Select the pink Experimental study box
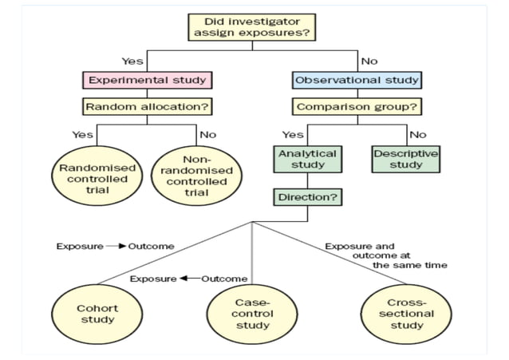(146, 80)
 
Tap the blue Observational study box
(357, 80)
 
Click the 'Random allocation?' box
(146, 107)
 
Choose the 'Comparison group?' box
(357, 107)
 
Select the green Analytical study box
(307, 159)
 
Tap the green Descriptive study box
(406, 159)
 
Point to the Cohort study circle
(97, 314)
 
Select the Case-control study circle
(253, 314)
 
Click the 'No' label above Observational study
(369, 61)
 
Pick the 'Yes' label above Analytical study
(292, 134)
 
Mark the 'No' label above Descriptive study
(418, 134)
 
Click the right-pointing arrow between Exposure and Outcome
(112, 246)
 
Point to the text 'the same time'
(409, 264)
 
